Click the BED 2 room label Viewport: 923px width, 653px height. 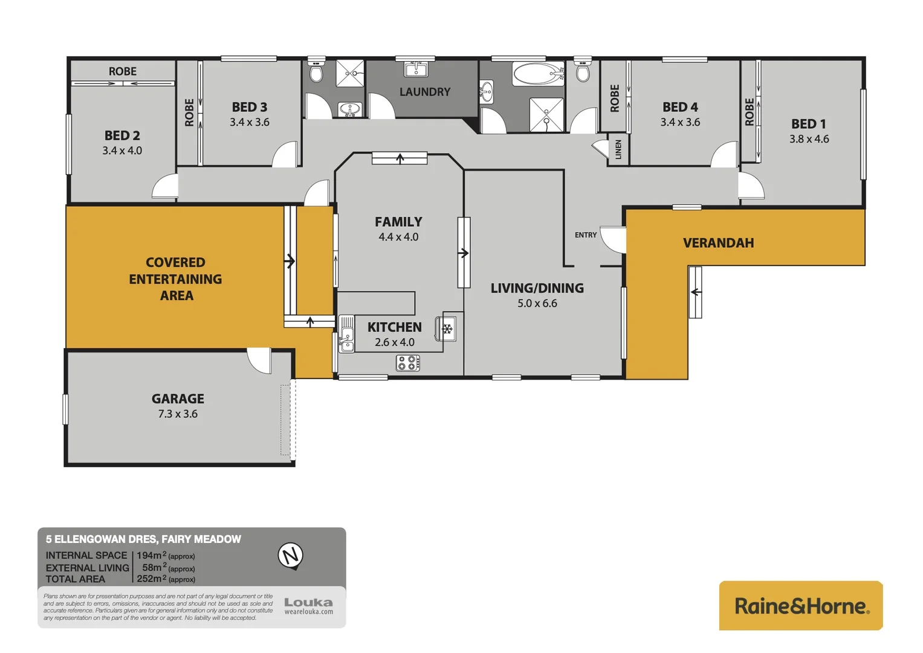[x=122, y=135]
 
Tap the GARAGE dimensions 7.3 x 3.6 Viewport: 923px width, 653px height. [x=178, y=414]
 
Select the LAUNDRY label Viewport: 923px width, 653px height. [x=424, y=92]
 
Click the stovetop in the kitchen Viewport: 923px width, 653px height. [x=408, y=363]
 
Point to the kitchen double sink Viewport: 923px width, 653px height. [x=346, y=333]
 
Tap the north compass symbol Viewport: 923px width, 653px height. [x=291, y=556]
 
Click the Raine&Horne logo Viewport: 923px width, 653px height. [x=801, y=606]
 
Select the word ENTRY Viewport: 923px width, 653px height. [x=585, y=235]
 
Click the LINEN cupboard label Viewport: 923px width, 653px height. [x=618, y=149]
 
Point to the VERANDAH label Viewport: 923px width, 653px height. [x=718, y=243]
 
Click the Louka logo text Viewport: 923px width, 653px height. [x=308, y=603]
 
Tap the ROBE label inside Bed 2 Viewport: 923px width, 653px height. [x=123, y=71]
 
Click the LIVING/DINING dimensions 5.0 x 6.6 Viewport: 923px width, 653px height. [x=537, y=304]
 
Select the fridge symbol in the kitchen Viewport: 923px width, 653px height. [x=447, y=330]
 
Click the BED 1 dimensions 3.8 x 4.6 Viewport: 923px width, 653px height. [x=809, y=139]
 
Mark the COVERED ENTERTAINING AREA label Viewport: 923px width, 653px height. [x=175, y=279]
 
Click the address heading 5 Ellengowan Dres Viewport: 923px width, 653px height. [x=143, y=539]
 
